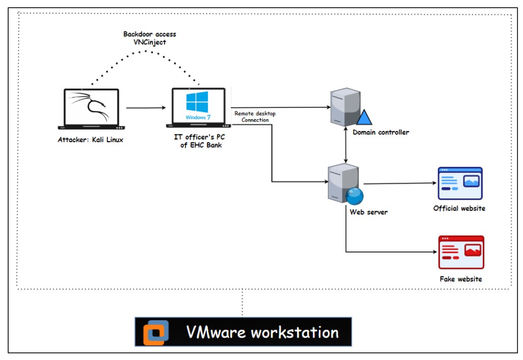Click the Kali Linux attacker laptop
click(x=92, y=108)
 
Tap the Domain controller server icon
click(x=344, y=107)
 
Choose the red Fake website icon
click(x=461, y=252)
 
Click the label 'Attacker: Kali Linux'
click(x=91, y=140)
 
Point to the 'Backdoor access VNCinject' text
click(x=149, y=38)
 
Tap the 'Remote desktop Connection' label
click(x=255, y=117)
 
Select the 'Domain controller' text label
click(x=380, y=132)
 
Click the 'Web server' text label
click(x=368, y=211)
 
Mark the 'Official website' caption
click(x=459, y=208)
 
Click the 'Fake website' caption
click(x=461, y=279)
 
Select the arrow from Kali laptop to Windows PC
click(x=146, y=108)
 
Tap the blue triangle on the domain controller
click(x=364, y=118)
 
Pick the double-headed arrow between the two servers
click(x=347, y=146)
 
